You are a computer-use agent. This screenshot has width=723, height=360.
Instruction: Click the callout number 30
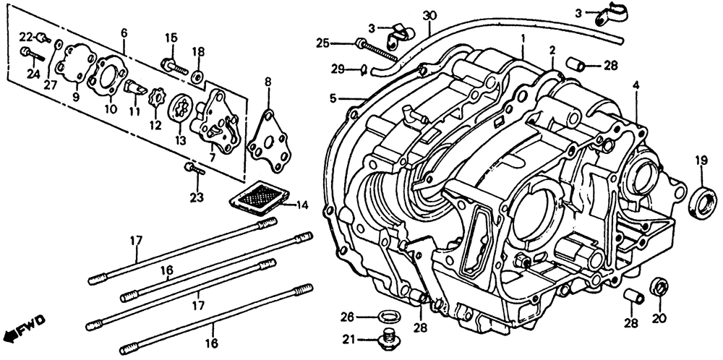tap(429, 14)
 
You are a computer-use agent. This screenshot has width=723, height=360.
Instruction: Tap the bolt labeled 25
tap(375, 49)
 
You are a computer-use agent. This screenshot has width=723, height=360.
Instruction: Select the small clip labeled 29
tap(364, 70)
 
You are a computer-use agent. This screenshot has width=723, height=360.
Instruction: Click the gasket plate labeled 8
tap(269, 142)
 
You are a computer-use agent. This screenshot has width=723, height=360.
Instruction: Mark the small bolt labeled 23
tap(195, 169)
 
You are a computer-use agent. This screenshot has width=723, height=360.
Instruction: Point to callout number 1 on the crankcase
tap(523, 40)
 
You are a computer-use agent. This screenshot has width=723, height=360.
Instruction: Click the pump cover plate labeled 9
tap(76, 67)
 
